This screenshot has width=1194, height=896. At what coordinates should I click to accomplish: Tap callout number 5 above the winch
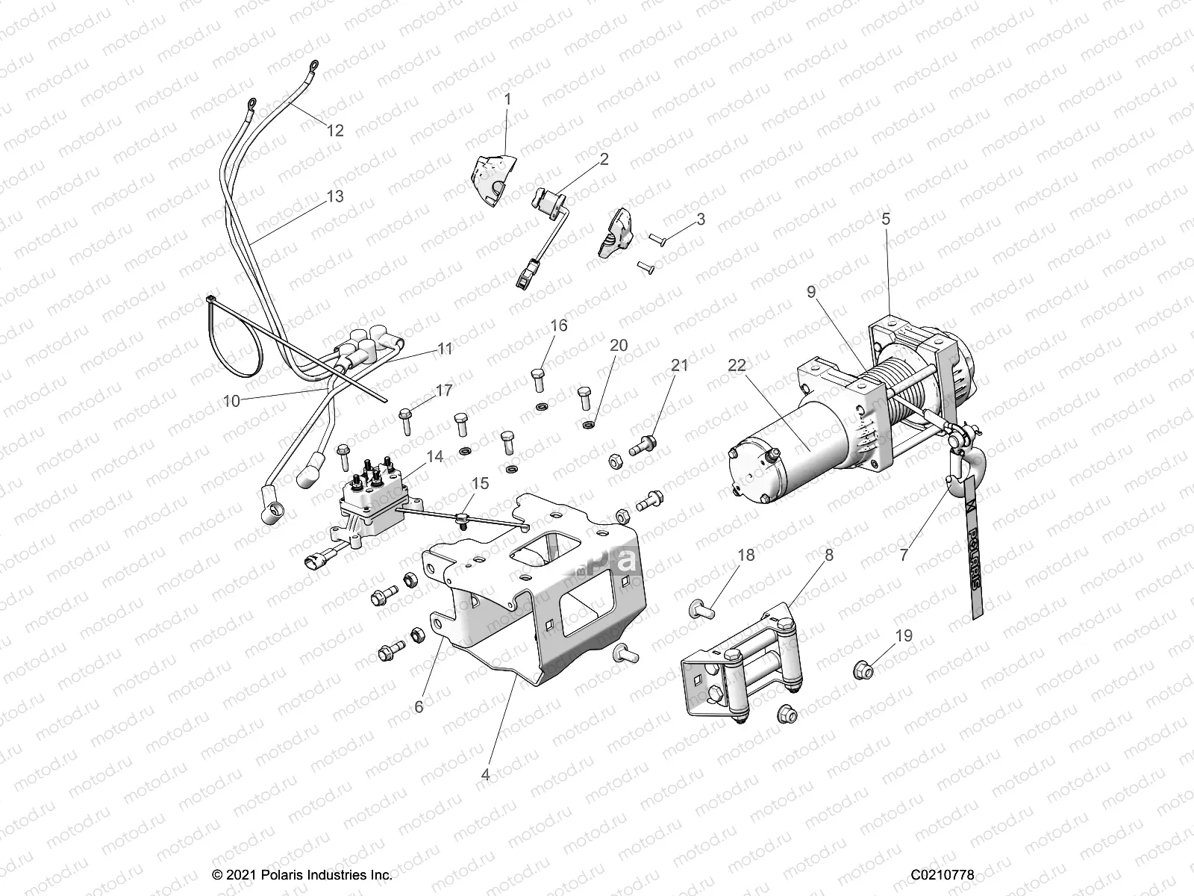(x=886, y=220)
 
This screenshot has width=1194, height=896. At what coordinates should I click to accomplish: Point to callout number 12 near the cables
(x=335, y=131)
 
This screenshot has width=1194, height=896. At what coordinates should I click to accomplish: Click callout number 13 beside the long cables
(x=335, y=196)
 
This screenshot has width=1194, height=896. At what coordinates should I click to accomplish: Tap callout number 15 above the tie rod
(x=481, y=483)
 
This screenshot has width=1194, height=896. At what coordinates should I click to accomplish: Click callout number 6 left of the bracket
(x=419, y=706)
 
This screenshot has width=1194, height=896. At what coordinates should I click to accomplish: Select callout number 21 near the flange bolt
(x=679, y=366)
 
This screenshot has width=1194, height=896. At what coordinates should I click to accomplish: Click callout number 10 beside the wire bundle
(x=231, y=401)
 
